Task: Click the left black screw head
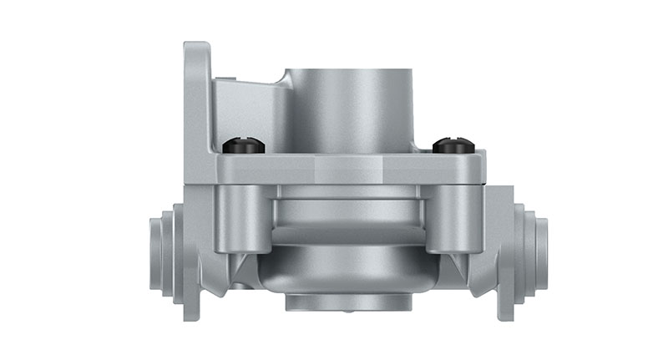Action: (244, 146)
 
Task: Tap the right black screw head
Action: (453, 145)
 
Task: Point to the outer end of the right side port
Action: (542, 253)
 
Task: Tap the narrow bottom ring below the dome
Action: (347, 302)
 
